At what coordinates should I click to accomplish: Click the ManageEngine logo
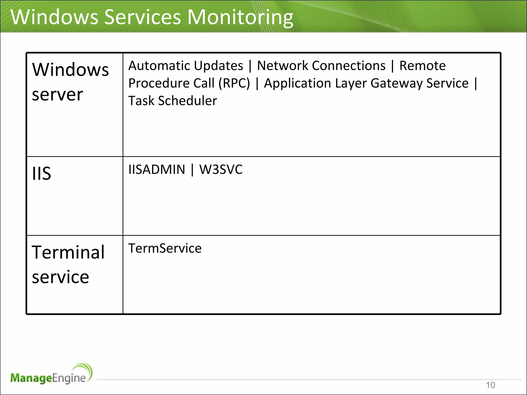tap(51, 374)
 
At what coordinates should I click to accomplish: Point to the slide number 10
tap(490, 385)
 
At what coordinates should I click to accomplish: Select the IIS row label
tap(41, 174)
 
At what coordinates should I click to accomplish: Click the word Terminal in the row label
tap(68, 252)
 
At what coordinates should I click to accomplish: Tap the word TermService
tap(165, 248)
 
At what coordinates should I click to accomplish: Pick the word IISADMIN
tap(157, 170)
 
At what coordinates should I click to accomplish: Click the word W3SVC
tap(221, 170)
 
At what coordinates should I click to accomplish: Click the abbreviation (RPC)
tap(234, 83)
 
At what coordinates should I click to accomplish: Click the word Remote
tap(422, 66)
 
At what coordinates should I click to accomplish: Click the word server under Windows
tap(57, 95)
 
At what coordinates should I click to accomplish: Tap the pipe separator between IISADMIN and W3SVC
tap(192, 170)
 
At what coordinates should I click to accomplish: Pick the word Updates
tap(218, 66)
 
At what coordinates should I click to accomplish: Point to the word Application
tap(297, 83)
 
